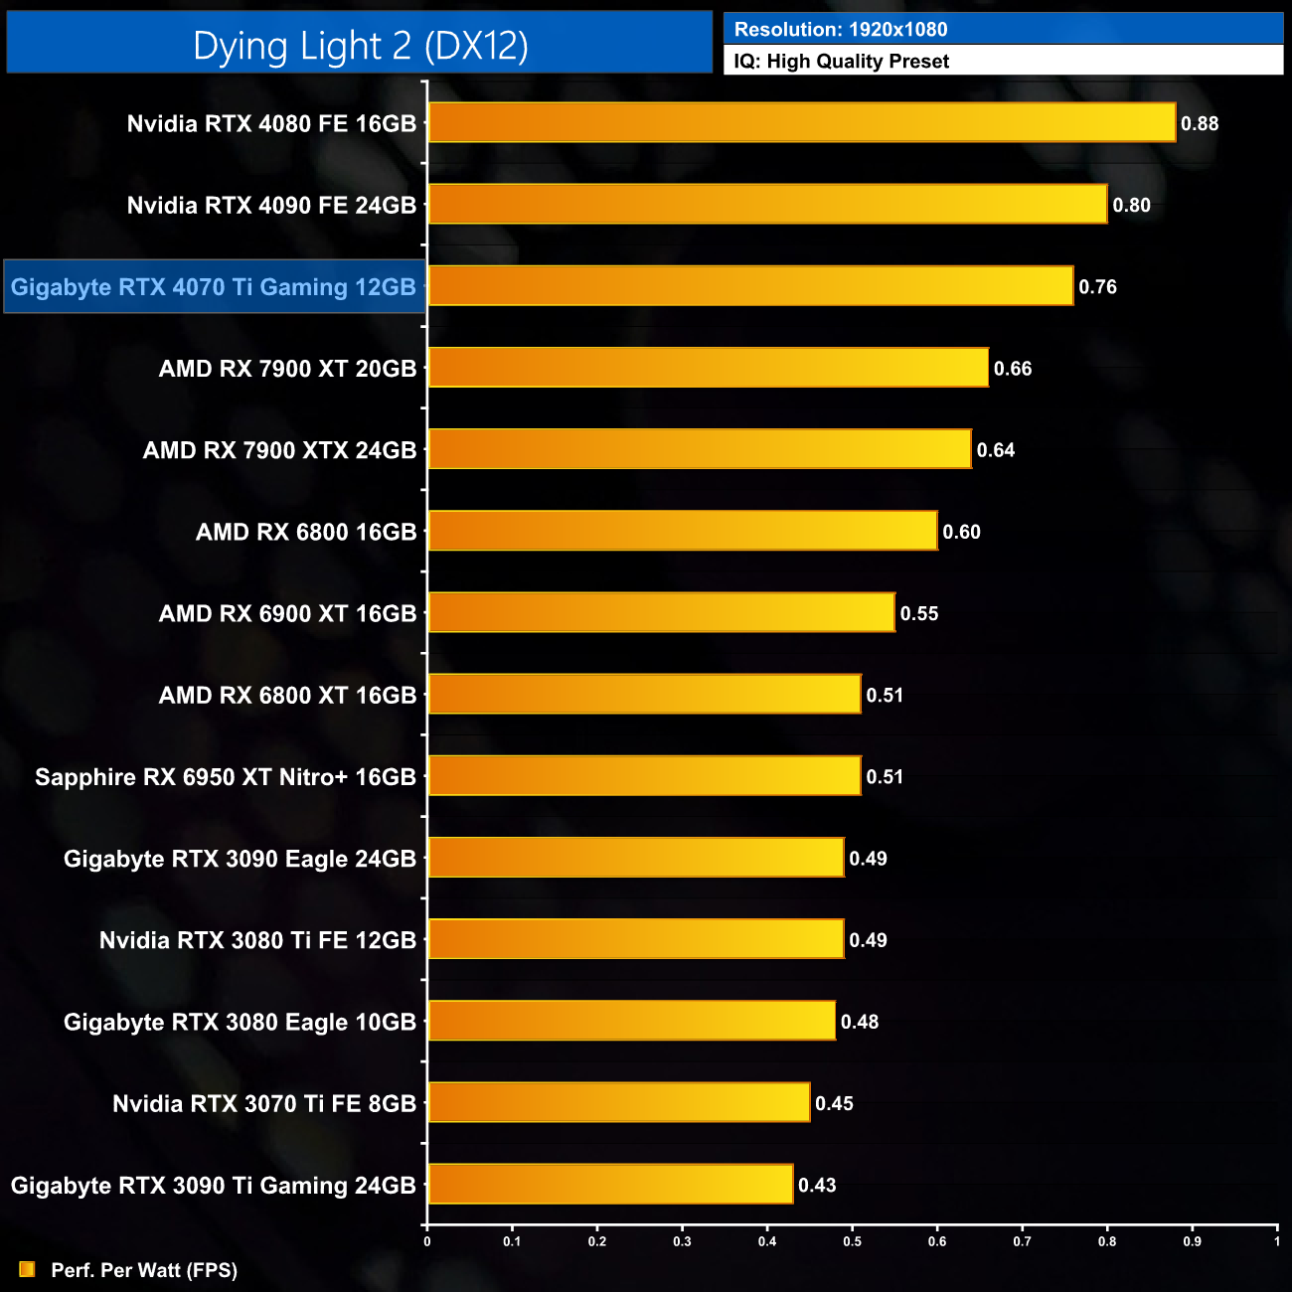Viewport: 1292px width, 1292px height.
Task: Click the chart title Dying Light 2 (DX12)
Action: click(x=360, y=46)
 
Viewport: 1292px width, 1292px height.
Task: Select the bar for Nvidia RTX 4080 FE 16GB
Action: click(x=801, y=123)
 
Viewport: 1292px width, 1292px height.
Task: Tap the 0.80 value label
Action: click(x=1131, y=206)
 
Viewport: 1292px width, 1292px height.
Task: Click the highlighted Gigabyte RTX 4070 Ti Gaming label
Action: click(x=214, y=287)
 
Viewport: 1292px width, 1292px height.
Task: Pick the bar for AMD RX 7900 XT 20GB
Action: click(x=708, y=368)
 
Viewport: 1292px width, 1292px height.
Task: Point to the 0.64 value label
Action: click(x=995, y=450)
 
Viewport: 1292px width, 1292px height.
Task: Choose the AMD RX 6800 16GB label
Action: click(x=306, y=532)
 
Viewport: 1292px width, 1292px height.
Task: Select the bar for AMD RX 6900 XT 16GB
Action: click(x=661, y=612)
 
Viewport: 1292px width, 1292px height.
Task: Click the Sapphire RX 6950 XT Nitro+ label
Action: click(x=226, y=777)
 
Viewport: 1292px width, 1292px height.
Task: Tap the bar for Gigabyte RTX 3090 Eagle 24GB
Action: click(x=636, y=858)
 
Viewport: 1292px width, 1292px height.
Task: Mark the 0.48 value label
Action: click(x=860, y=1022)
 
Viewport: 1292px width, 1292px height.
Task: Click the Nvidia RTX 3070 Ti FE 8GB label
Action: click(x=264, y=1104)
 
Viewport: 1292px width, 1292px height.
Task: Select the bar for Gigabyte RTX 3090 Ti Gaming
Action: click(x=610, y=1184)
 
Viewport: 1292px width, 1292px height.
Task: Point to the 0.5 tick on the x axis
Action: click(x=853, y=1241)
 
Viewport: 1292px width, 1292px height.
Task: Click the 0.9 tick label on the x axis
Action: click(x=1192, y=1241)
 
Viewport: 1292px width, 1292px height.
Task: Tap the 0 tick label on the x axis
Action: click(x=427, y=1241)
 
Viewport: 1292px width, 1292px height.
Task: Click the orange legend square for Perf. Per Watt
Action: click(x=27, y=1269)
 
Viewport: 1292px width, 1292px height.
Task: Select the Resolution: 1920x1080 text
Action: click(x=841, y=30)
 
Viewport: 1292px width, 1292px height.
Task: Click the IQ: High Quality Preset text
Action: click(x=841, y=62)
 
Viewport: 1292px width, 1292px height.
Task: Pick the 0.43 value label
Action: click(x=817, y=1185)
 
